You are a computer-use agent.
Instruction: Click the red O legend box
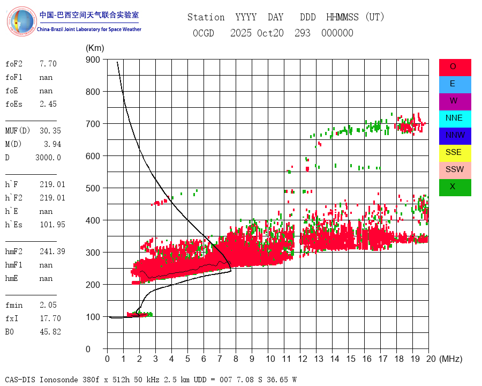pyautogui.click(x=455, y=67)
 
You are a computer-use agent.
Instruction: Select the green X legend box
pyautogui.click(x=455, y=187)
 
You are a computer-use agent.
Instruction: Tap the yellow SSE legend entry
pyautogui.click(x=455, y=153)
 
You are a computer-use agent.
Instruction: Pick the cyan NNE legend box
pyautogui.click(x=455, y=118)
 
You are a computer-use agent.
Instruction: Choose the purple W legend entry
pyautogui.click(x=455, y=101)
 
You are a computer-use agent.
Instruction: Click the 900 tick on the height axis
pyautogui.click(x=93, y=60)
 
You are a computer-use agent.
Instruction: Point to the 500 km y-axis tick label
pyautogui.click(x=93, y=188)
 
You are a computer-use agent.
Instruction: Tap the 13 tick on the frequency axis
pyautogui.click(x=319, y=359)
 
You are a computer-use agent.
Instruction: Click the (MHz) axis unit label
pyautogui.click(x=450, y=359)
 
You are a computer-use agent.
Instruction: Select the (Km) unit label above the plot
pyautogui.click(x=95, y=48)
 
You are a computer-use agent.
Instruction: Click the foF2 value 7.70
pyautogui.click(x=48, y=64)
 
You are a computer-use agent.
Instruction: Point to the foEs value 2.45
pyautogui.click(x=48, y=104)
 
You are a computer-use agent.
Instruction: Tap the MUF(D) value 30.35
pyautogui.click(x=50, y=131)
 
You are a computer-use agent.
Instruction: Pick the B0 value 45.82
pyautogui.click(x=50, y=332)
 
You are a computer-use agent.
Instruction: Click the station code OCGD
pyautogui.click(x=204, y=33)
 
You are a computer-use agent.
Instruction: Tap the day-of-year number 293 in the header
pyautogui.click(x=303, y=33)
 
